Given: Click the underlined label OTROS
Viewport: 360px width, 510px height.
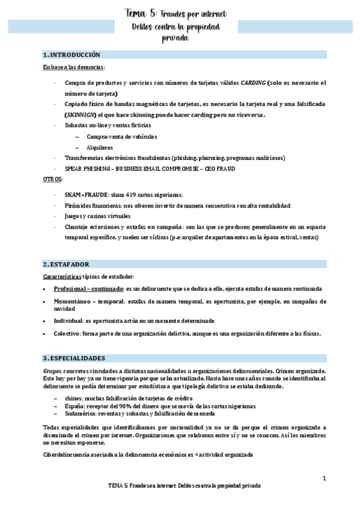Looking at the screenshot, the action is pos(52,180).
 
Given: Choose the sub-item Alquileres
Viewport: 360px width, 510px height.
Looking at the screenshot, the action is pos(100,147).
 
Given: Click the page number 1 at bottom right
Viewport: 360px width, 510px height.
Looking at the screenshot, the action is pos(324,479).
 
